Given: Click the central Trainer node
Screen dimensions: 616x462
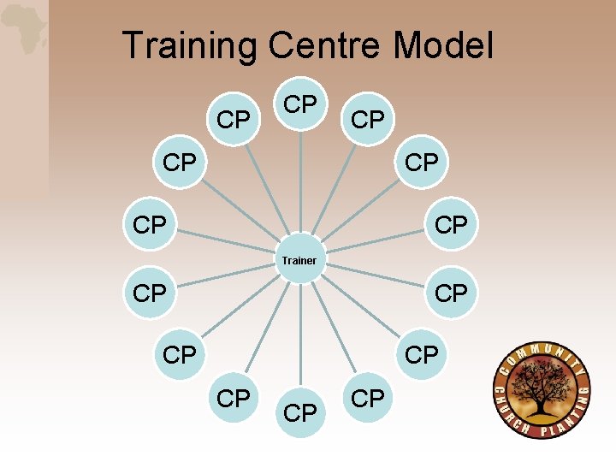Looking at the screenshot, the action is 299,259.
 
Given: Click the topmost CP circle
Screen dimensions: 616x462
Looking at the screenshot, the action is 299,104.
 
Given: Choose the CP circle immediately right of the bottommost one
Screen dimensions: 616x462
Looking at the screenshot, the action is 368,398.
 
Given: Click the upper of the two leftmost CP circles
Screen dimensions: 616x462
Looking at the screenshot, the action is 150,225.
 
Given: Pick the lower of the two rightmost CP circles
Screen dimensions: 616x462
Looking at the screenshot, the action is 451,293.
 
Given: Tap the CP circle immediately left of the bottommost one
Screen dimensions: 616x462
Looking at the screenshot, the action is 233,398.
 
